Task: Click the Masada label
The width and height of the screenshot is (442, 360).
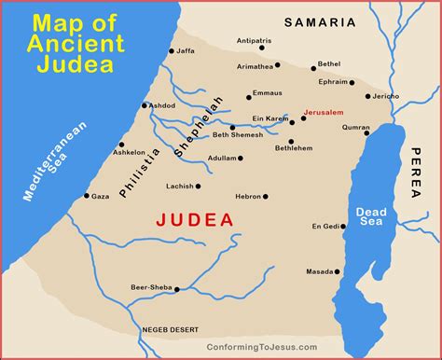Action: (x=318, y=271)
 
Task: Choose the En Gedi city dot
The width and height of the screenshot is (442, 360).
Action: (x=339, y=227)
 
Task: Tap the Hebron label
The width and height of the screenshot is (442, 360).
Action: (x=247, y=197)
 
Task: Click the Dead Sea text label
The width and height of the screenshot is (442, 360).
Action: (x=370, y=216)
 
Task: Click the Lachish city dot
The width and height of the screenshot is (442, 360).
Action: (x=199, y=187)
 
